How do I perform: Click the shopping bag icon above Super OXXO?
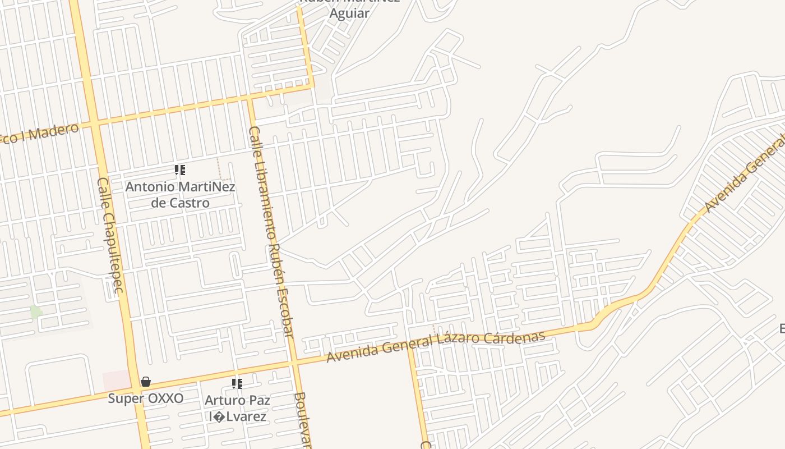click(x=146, y=382)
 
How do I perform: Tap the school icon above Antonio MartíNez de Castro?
click(x=180, y=169)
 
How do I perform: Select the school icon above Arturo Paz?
click(x=237, y=384)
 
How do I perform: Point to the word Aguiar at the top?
click(x=349, y=13)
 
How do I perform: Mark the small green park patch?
click(x=35, y=312)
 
